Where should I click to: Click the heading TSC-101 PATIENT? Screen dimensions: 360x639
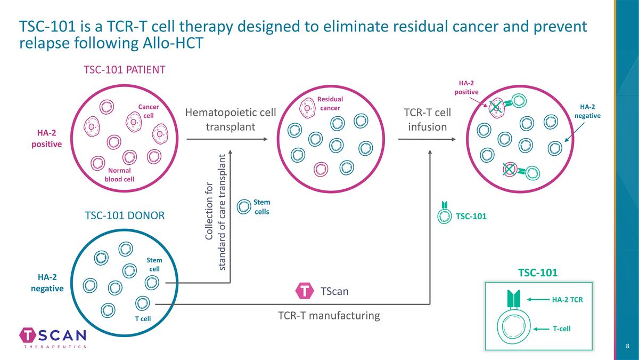pyautogui.click(x=124, y=70)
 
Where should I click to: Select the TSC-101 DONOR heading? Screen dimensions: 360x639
pyautogui.click(x=125, y=215)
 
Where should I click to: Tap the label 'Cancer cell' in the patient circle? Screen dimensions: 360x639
pyautogui.click(x=149, y=111)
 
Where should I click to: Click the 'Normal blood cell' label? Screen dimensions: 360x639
pyautogui.click(x=119, y=174)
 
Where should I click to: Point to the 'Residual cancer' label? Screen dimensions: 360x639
pyautogui.click(x=330, y=103)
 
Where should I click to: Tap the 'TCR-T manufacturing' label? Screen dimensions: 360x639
pyautogui.click(x=329, y=315)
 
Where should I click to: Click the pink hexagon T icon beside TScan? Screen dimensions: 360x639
pyautogui.click(x=304, y=291)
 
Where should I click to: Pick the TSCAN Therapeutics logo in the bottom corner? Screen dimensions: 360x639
pyautogui.click(x=53, y=338)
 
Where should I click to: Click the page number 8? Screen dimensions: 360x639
pyautogui.click(x=628, y=347)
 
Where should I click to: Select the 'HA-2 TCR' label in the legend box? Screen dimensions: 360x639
pyautogui.click(x=567, y=300)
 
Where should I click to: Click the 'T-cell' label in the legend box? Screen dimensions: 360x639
pyautogui.click(x=561, y=329)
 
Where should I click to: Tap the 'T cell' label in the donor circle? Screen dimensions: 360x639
pyautogui.click(x=143, y=318)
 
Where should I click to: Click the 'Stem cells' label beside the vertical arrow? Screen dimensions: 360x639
pyautogui.click(x=261, y=207)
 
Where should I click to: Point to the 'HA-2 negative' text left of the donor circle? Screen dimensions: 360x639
pyautogui.click(x=47, y=283)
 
